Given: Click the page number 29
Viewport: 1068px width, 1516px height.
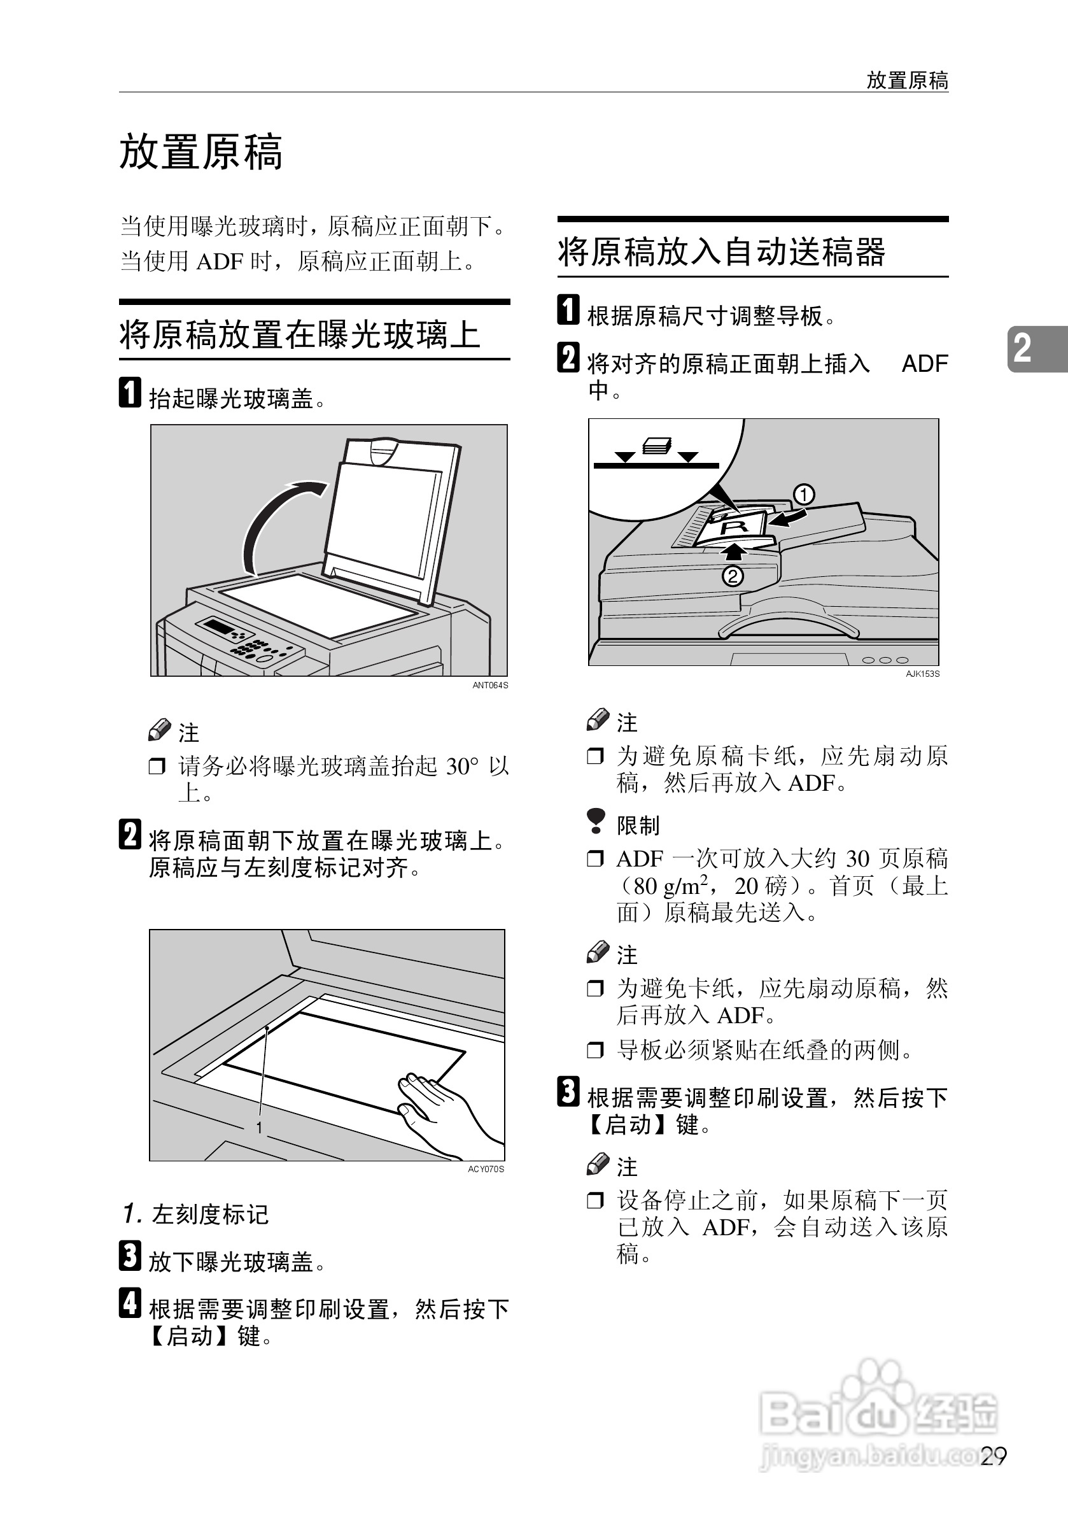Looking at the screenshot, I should coord(994,1456).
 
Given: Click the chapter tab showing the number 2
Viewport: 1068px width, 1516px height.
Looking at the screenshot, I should coord(1022,348).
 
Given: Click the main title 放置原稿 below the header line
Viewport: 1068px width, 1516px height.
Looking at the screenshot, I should coord(200,153).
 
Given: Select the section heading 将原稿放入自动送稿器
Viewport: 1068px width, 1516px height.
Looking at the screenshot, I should coord(720,252).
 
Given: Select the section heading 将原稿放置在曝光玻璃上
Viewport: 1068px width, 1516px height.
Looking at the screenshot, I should coord(299,334).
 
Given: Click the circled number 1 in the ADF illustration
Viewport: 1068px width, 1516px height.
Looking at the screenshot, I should coord(803,495).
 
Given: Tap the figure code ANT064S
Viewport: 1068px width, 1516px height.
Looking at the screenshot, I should coord(490,685).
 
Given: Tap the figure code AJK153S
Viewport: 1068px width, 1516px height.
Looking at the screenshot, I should coord(922,674).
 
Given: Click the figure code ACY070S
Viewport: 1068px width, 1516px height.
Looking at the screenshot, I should coord(486,1170).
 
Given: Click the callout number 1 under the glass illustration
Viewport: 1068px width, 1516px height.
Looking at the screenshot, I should coord(260,1127).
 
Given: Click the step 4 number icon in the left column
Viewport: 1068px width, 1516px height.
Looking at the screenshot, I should coord(129,1303).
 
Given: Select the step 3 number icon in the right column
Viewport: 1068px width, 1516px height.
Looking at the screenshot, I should coord(568,1091).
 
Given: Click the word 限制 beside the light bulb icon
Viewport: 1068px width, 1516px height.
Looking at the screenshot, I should coord(638,825).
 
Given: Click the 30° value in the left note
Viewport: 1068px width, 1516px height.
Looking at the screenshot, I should coord(461,766).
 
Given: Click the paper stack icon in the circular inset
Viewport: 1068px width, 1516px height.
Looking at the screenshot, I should coord(657,446).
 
